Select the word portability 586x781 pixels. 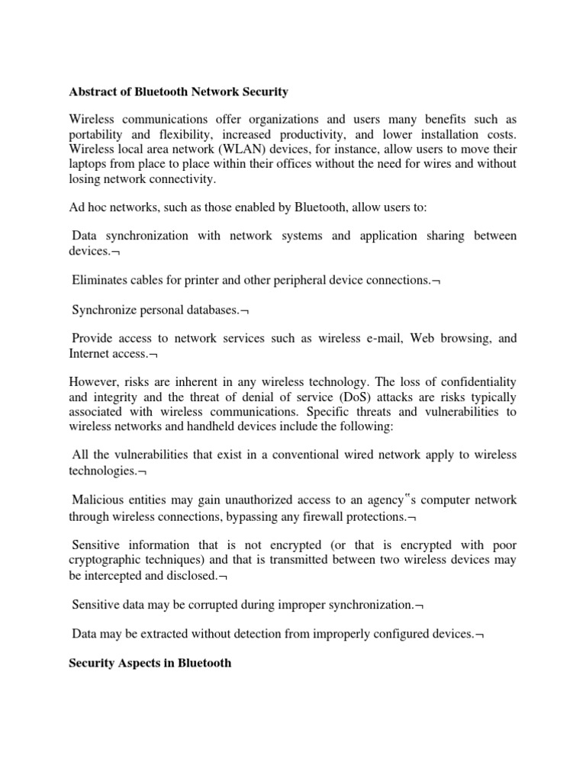point(98,133)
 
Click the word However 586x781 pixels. point(95,382)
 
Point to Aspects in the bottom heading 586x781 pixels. point(137,663)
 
